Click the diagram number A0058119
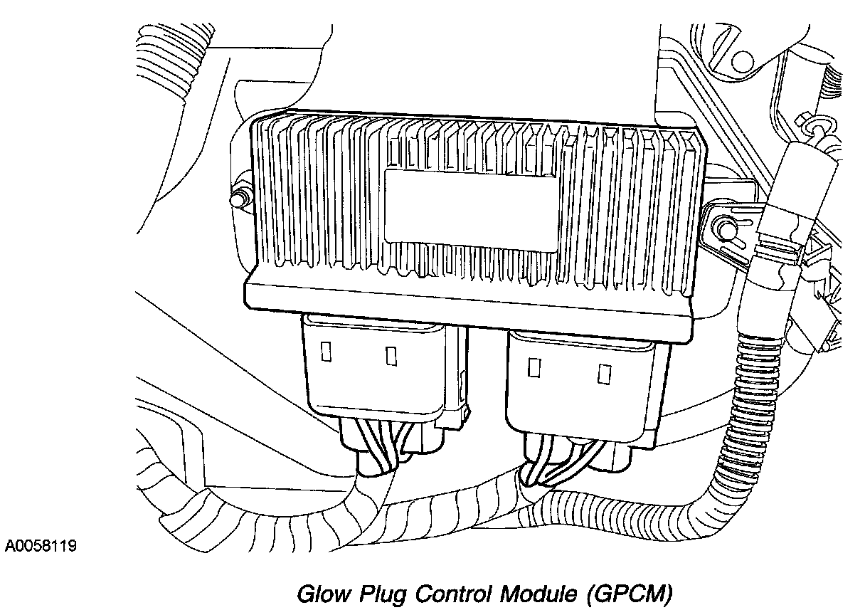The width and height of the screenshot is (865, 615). (x=41, y=546)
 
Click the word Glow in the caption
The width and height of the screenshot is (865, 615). (x=324, y=594)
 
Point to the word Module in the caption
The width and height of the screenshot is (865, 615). (x=538, y=594)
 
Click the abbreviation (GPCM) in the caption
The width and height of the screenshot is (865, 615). (x=629, y=595)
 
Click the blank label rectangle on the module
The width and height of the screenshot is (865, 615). (x=471, y=211)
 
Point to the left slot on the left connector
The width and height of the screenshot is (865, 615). (x=327, y=352)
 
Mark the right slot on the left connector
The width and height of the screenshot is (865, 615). (x=391, y=356)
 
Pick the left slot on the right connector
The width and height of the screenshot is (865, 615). (x=534, y=367)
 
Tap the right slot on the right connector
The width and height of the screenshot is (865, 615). (x=604, y=374)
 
